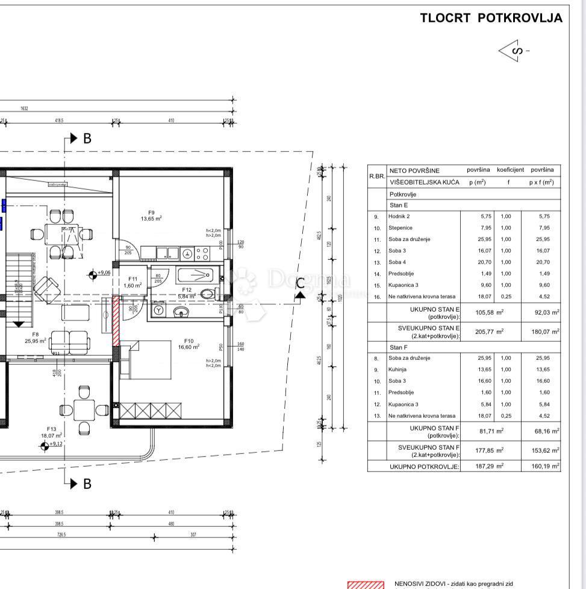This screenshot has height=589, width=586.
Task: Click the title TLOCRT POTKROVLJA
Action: point(491,18)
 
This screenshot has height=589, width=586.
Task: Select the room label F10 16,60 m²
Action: point(189,343)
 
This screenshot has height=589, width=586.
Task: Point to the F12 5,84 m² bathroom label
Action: point(188,293)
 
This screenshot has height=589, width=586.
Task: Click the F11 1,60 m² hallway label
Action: point(133,282)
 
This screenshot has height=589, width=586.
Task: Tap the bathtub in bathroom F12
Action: point(195,276)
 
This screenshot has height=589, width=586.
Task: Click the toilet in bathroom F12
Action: point(208,294)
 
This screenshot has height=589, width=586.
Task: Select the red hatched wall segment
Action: point(116,321)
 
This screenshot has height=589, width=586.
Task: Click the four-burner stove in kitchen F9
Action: point(202,253)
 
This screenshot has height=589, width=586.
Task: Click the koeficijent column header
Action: point(510,171)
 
